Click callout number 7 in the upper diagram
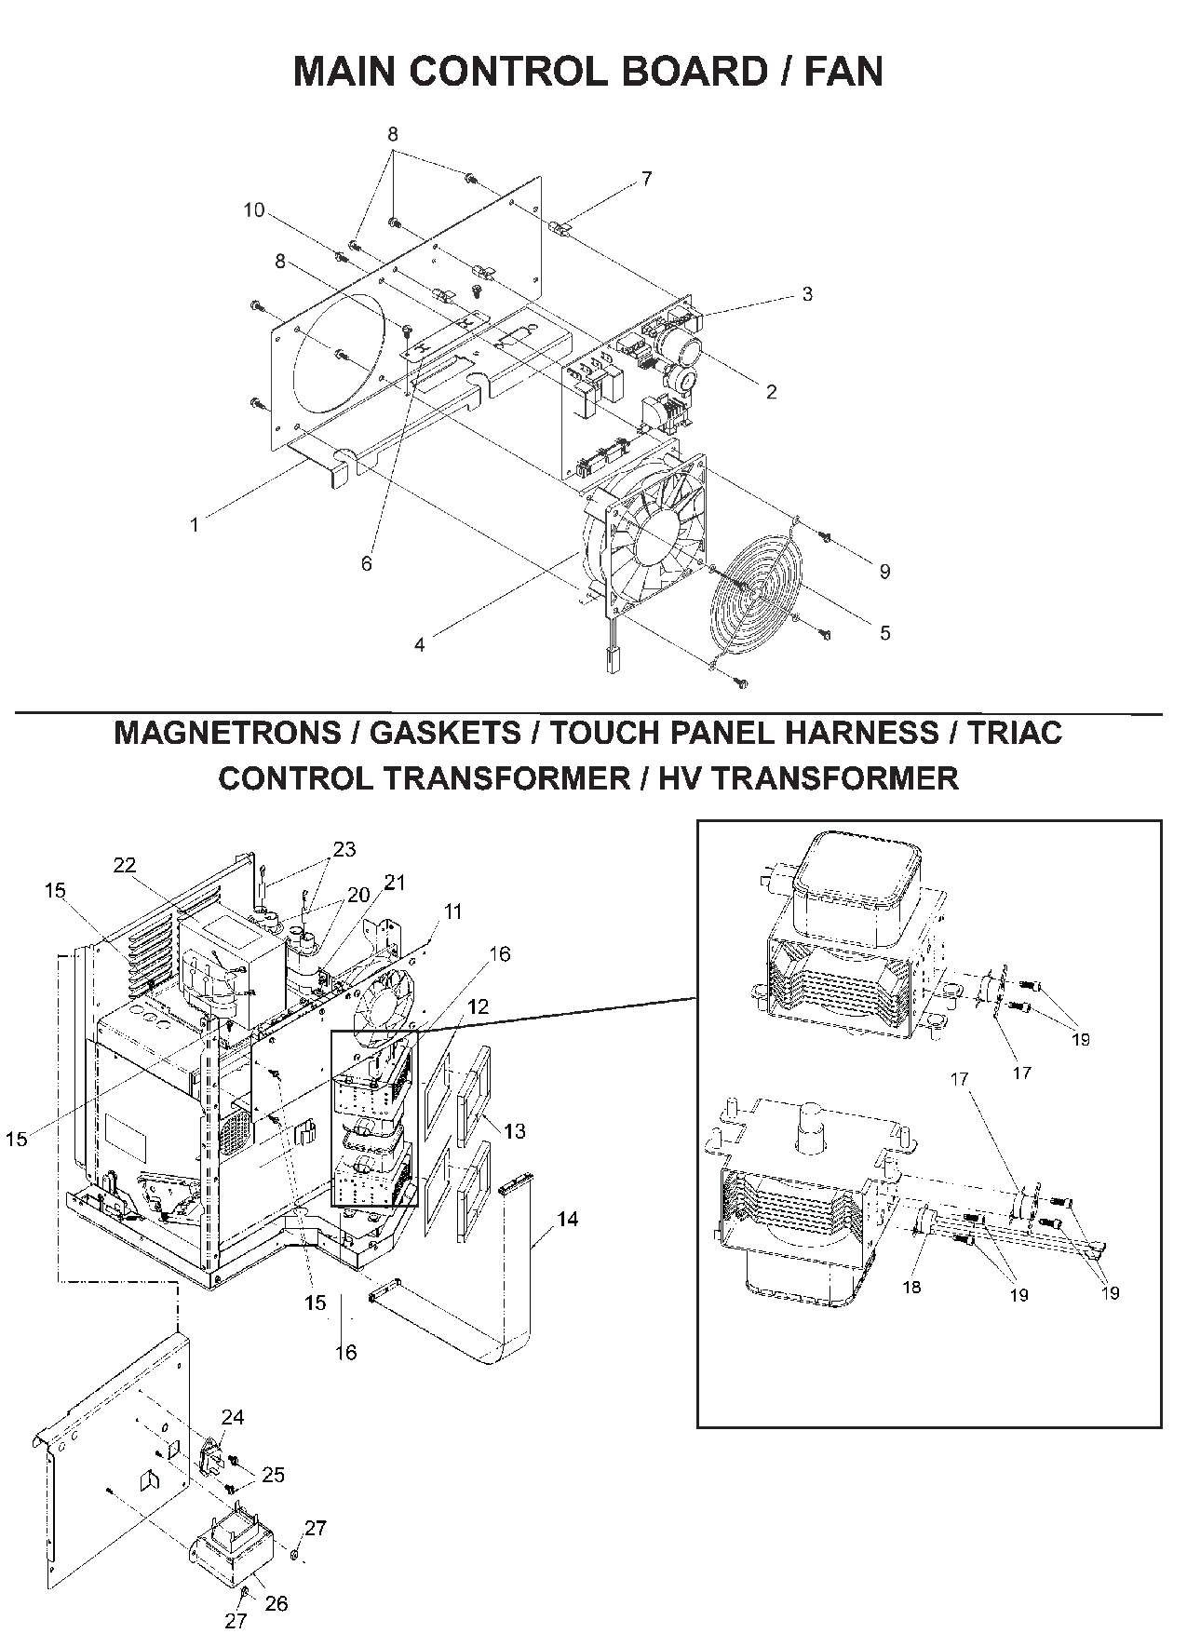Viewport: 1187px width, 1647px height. (x=646, y=179)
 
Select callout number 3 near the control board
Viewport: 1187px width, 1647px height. (x=806, y=294)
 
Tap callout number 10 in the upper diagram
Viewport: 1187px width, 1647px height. (x=254, y=211)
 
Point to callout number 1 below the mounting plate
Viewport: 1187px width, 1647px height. (x=195, y=525)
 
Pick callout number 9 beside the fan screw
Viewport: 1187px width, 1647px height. (x=884, y=572)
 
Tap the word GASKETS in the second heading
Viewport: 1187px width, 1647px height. (x=446, y=733)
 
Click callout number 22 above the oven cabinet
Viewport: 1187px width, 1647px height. (x=125, y=865)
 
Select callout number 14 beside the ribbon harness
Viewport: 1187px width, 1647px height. (x=567, y=1218)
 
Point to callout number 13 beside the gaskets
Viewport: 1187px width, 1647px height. (x=514, y=1130)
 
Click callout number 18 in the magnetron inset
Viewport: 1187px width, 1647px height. (x=911, y=1288)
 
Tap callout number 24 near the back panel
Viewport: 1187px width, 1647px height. (x=233, y=1417)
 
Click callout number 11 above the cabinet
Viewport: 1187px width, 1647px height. (x=452, y=911)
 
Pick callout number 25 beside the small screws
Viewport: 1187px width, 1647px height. (x=273, y=1475)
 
